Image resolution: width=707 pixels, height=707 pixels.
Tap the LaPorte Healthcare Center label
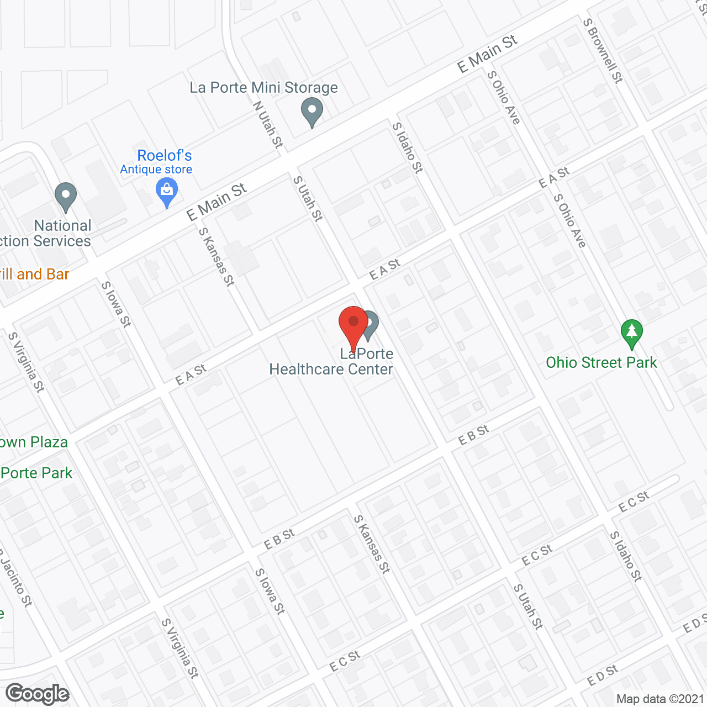coord(331,362)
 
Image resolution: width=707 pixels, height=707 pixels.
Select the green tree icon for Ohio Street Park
coord(632,334)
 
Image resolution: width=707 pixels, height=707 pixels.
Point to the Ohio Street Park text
coord(601,363)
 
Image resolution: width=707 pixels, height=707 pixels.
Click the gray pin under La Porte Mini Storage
coord(312,112)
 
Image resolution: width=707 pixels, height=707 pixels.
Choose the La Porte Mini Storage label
coord(263,88)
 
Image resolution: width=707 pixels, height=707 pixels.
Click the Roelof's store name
coord(164,156)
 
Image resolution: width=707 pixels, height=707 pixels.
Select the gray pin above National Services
coord(66,197)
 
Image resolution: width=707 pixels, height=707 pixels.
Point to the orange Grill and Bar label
coord(34,275)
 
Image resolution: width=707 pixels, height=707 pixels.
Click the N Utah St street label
coord(268,124)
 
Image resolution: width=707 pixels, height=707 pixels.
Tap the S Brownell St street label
coord(603,51)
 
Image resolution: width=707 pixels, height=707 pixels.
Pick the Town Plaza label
coord(34,442)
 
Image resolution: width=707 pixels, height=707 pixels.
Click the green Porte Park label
coord(36,473)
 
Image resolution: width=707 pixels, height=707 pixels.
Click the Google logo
coord(38,694)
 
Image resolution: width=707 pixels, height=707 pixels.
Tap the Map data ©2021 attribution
coord(659,699)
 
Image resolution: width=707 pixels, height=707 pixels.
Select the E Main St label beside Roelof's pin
coord(217,202)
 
